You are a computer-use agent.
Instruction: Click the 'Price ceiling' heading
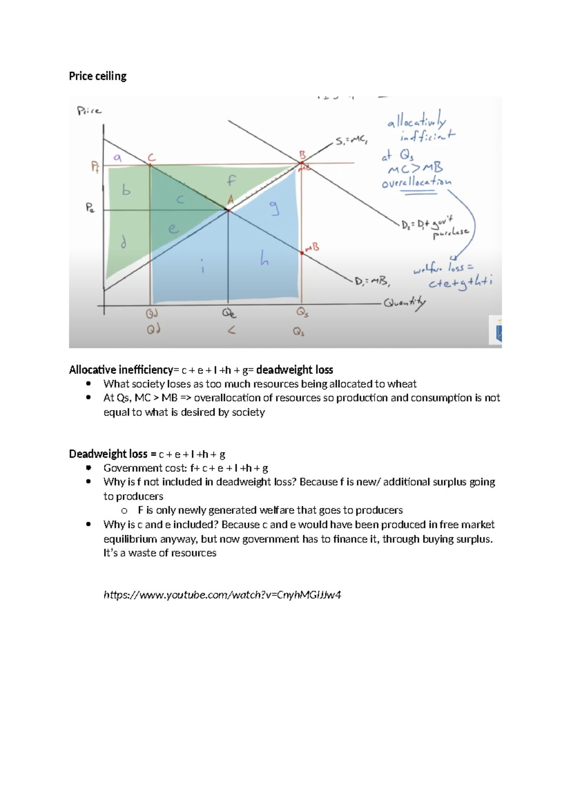[x=98, y=76]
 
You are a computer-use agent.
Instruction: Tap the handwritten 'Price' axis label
[x=89, y=111]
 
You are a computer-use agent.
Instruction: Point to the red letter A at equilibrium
[x=230, y=200]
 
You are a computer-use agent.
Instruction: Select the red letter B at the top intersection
[x=302, y=155]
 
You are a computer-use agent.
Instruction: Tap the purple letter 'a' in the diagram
[x=118, y=158]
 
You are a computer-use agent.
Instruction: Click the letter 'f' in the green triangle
[x=231, y=181]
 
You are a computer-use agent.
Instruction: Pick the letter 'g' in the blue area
[x=275, y=208]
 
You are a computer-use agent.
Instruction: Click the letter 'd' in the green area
[x=124, y=243]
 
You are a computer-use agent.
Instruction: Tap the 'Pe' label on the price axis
[x=90, y=208]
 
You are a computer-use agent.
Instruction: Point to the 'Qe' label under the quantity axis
[x=229, y=313]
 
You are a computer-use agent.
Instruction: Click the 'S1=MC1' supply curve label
[x=351, y=141]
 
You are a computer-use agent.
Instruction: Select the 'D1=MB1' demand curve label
[x=373, y=282]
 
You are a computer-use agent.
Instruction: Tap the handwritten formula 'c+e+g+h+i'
[x=460, y=283]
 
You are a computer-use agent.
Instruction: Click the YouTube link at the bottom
[x=222, y=595]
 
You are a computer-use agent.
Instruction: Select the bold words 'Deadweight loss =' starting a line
[x=112, y=454]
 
